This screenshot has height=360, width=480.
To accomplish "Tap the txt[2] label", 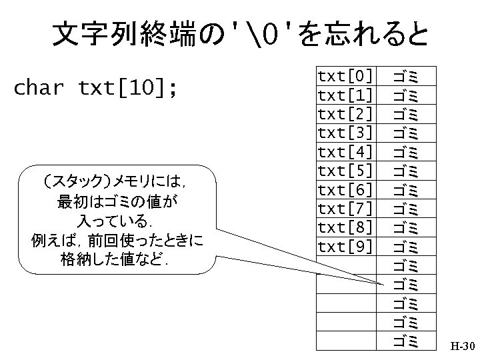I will pos(345,113).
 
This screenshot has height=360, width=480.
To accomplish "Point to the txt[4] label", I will pos(345,151).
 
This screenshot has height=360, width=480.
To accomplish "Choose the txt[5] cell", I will pos(345,170).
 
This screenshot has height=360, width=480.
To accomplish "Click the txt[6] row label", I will pos(345,189).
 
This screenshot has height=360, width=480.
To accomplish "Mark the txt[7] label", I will pos(345,209).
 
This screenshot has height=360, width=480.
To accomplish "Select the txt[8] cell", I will pos(345,227).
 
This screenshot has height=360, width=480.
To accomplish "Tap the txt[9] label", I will pos(345,247).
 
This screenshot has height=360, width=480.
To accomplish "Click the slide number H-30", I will pos(462,347).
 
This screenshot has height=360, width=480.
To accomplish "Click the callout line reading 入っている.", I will pos(117,219).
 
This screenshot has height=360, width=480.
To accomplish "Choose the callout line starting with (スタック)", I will pos(117,181).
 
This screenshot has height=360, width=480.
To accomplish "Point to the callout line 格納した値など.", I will pos(117,259).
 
